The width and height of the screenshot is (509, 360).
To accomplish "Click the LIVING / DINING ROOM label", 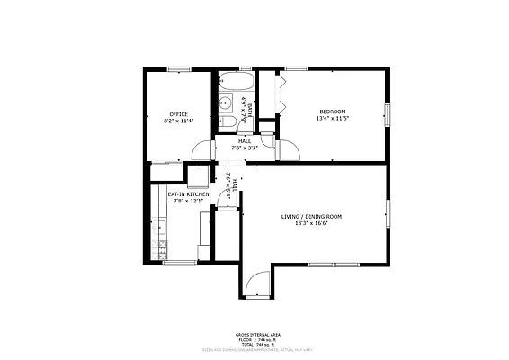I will (x=311, y=217).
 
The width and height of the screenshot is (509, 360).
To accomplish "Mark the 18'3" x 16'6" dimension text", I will (x=311, y=223).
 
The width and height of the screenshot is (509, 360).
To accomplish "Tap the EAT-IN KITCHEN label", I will (x=189, y=193).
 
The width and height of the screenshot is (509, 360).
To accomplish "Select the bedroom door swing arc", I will (x=287, y=149).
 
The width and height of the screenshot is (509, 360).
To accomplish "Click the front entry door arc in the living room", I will (x=257, y=286).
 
